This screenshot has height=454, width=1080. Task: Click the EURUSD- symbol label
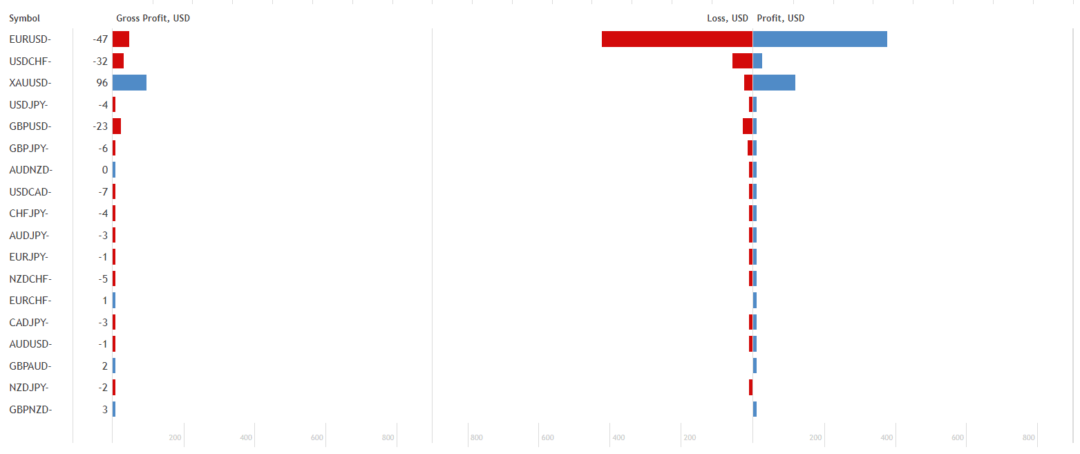coord(30,39)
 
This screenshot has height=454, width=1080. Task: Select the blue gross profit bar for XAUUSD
coord(129,83)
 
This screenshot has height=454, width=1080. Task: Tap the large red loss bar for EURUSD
coord(676,39)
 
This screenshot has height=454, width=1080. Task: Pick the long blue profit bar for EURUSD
coord(820,39)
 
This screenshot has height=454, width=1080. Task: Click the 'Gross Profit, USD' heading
coord(153,19)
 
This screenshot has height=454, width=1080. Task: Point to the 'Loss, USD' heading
coord(727,19)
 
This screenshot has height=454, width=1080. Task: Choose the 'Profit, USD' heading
coord(781,19)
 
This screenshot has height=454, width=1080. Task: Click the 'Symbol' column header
coord(24,19)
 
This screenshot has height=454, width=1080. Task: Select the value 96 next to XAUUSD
coord(102,83)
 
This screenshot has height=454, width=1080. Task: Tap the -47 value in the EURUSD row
coord(100,39)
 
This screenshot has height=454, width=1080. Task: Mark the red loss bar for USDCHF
coord(742,61)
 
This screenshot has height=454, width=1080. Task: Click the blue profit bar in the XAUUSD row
coord(774,83)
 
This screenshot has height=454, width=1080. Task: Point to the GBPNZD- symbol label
coord(30,410)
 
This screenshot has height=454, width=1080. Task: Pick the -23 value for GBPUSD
coord(100,126)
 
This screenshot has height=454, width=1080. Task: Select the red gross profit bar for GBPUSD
coord(117,126)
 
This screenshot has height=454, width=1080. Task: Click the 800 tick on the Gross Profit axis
coord(388,437)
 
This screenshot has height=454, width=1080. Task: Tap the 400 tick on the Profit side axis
coord(887,437)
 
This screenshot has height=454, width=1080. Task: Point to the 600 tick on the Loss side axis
coord(547,437)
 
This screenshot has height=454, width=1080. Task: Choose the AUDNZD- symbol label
coord(30,170)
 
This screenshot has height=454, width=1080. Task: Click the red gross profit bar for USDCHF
coord(118,61)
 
